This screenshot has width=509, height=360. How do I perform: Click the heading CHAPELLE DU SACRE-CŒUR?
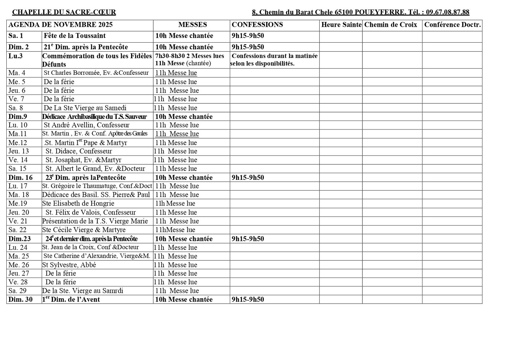(x=64, y=12)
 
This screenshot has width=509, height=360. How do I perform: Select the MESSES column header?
(x=192, y=25)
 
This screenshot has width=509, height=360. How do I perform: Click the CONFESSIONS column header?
(x=257, y=25)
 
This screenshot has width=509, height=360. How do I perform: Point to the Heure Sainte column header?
(x=341, y=25)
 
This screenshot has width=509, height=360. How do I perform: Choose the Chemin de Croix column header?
(x=391, y=25)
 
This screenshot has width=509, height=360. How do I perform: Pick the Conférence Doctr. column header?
(x=452, y=25)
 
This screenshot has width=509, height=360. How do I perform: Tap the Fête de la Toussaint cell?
(x=75, y=36)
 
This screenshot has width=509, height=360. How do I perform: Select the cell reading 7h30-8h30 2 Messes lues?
(x=190, y=56)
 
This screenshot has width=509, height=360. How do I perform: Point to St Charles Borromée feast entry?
(x=96, y=73)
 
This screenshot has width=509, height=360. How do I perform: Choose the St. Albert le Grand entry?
(x=95, y=169)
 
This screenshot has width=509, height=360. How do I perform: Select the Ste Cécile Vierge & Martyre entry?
(x=84, y=230)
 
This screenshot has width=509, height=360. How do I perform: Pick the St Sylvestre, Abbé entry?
(x=69, y=265)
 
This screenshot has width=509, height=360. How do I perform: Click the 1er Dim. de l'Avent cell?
(x=71, y=300)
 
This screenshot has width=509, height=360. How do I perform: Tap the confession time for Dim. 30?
(x=248, y=300)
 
